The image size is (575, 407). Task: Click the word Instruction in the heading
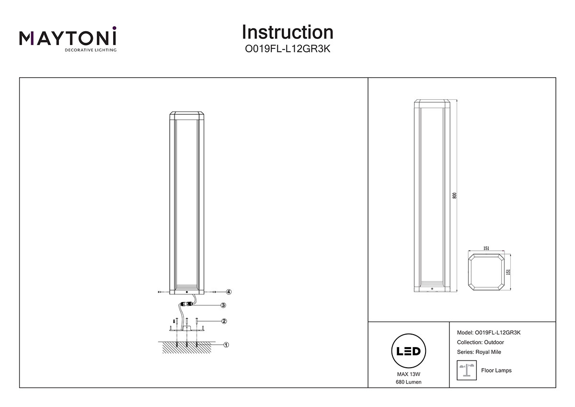coord(287,32)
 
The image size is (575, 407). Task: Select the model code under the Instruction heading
coord(287,49)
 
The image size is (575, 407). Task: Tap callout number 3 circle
coord(223,305)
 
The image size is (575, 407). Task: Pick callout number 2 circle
coord(223,321)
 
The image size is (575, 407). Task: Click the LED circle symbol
coord(408,351)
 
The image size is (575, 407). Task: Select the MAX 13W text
coord(408,373)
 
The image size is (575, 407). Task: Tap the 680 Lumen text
coord(408,382)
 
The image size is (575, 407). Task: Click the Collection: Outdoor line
coord(481,342)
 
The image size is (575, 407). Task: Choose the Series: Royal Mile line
coord(479,352)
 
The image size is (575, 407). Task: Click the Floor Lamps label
coord(496,371)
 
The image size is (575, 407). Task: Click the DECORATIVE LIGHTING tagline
coord(91,49)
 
